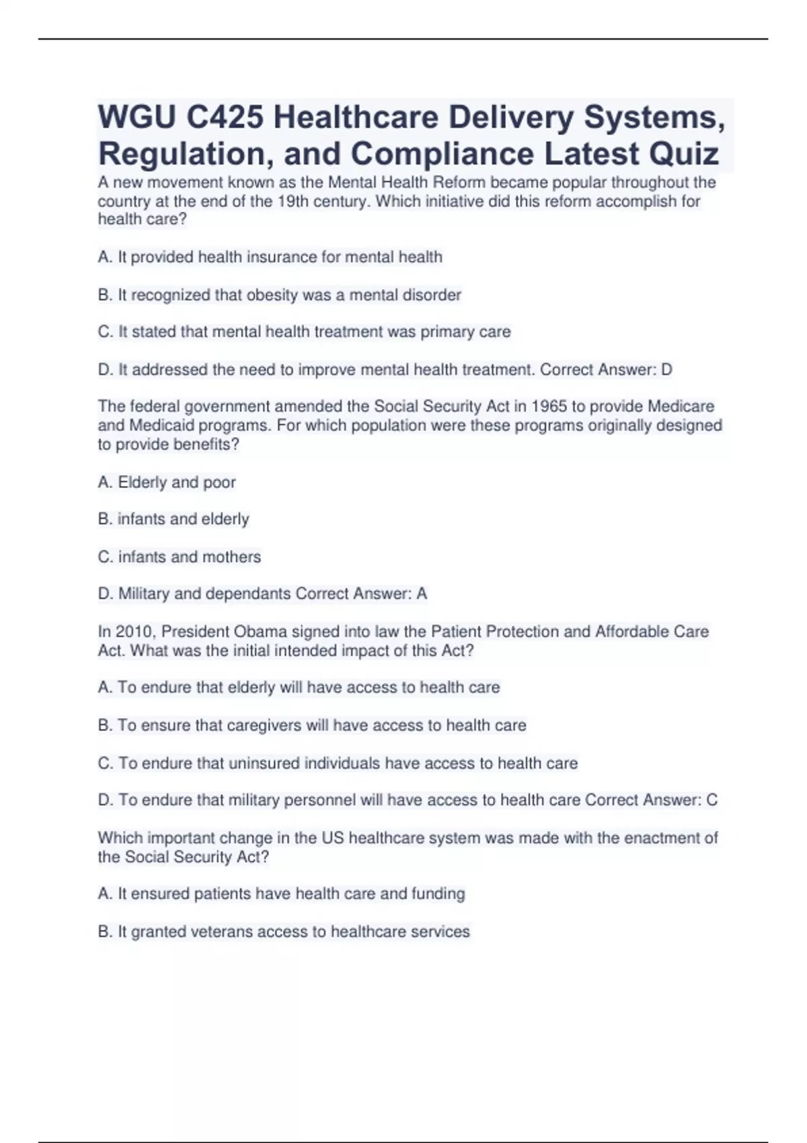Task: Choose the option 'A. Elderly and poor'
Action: click(167, 482)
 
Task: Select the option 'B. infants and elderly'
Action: click(174, 519)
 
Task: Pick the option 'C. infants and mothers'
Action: click(180, 557)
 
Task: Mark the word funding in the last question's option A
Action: click(438, 894)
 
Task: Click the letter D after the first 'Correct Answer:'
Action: click(666, 370)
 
